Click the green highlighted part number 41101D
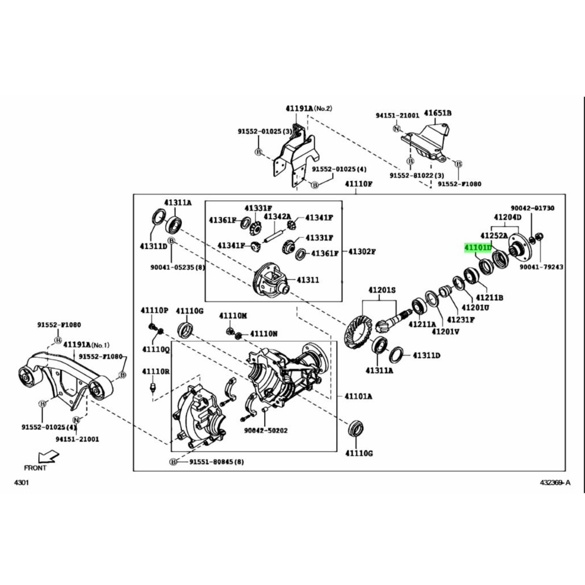(x=478, y=248)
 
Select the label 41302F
(x=362, y=252)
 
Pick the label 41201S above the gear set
(x=382, y=290)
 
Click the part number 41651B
(x=438, y=113)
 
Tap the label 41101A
(x=359, y=396)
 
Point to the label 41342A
(x=277, y=216)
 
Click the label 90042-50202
(x=266, y=430)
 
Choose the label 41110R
(x=156, y=371)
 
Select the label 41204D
(x=508, y=217)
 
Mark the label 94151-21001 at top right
(x=398, y=115)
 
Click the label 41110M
(x=233, y=316)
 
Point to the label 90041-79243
(x=541, y=267)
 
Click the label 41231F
(x=461, y=320)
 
